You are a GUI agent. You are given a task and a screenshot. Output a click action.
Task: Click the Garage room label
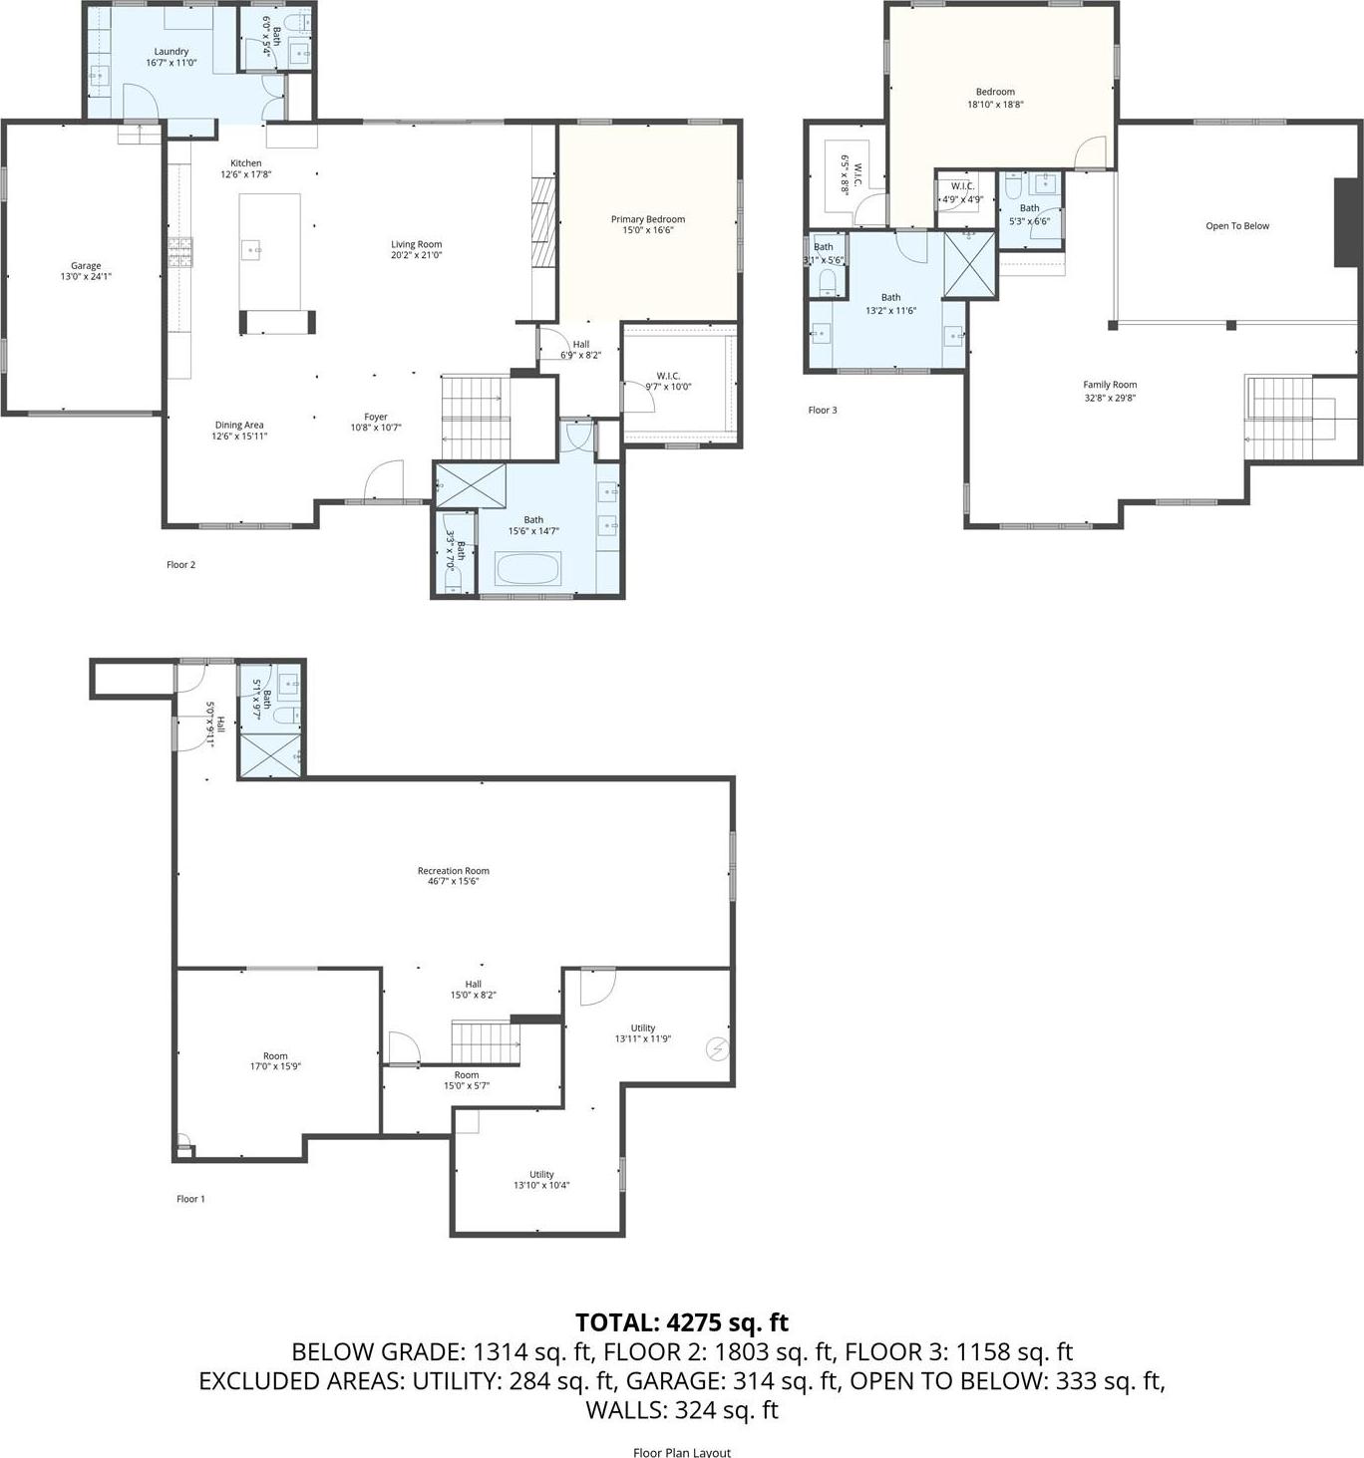86,266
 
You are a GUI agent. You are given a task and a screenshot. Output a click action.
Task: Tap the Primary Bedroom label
647,219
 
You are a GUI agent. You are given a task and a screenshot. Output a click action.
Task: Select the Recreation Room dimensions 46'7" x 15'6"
454,881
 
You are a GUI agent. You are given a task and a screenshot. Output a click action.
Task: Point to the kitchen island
270,251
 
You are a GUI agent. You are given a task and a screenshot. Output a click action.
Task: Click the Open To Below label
1237,226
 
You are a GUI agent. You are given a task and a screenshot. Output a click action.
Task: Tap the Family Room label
1110,385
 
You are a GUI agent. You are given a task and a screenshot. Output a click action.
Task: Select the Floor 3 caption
823,410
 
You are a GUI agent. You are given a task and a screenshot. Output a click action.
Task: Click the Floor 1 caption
190,1199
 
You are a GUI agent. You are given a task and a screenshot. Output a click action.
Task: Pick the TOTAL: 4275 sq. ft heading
682,1322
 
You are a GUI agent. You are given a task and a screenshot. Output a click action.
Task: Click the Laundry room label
171,52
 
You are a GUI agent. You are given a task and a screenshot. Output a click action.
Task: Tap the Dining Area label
239,426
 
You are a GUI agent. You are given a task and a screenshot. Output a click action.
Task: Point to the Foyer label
376,418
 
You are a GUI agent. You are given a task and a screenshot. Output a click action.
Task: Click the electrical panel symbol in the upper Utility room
717,1048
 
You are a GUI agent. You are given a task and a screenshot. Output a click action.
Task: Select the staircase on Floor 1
485,1042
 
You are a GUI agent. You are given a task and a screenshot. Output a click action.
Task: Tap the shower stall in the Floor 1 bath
269,755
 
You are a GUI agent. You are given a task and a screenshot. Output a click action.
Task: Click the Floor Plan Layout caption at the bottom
682,1452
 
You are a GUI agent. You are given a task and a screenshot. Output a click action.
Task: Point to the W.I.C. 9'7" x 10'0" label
668,376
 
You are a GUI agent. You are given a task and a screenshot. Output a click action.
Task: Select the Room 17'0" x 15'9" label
275,1056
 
